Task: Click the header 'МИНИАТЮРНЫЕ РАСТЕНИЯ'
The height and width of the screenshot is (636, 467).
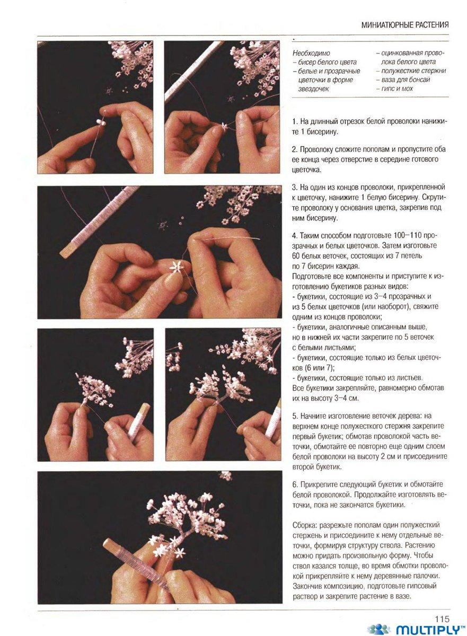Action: click(405, 25)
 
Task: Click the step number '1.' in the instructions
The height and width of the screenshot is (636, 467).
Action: click(295, 121)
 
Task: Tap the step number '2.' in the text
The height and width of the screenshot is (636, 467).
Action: click(295, 149)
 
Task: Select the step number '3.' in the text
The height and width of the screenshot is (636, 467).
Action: click(295, 188)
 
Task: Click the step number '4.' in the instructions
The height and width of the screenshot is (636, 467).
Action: click(295, 236)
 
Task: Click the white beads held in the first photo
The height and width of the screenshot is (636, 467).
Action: click(101, 122)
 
